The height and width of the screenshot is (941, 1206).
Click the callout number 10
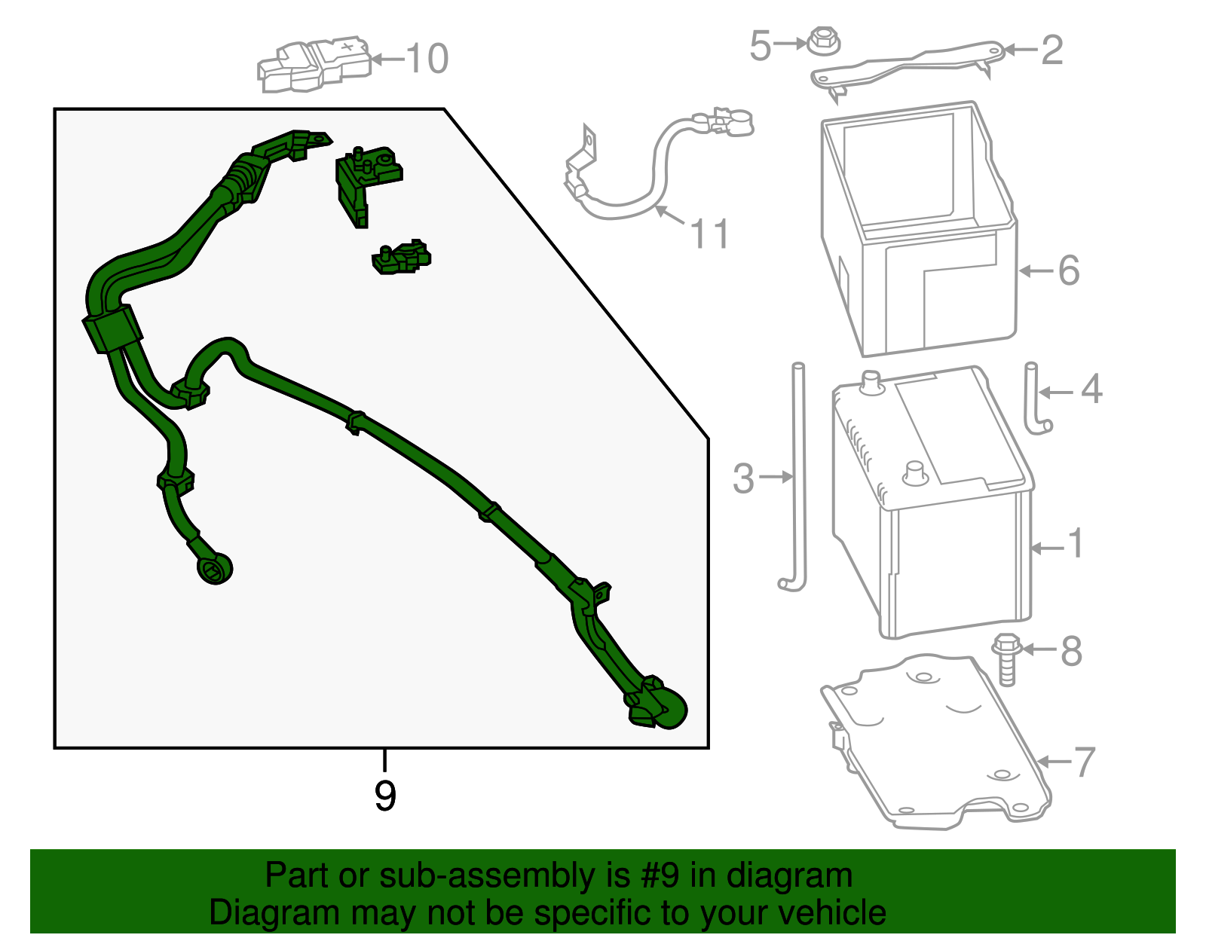[427, 58]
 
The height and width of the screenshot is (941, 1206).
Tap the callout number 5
[761, 45]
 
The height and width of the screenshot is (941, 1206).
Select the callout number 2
[1052, 50]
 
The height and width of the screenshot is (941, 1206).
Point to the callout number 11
[709, 234]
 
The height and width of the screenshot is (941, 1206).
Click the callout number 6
[1069, 270]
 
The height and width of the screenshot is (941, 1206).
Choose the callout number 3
[744, 478]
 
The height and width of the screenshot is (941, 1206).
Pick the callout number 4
[1091, 389]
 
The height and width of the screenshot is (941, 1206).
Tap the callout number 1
[1076, 543]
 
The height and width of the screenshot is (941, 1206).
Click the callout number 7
[1085, 762]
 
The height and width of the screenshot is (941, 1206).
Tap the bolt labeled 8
[1007, 659]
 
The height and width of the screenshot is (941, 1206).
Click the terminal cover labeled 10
[314, 65]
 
